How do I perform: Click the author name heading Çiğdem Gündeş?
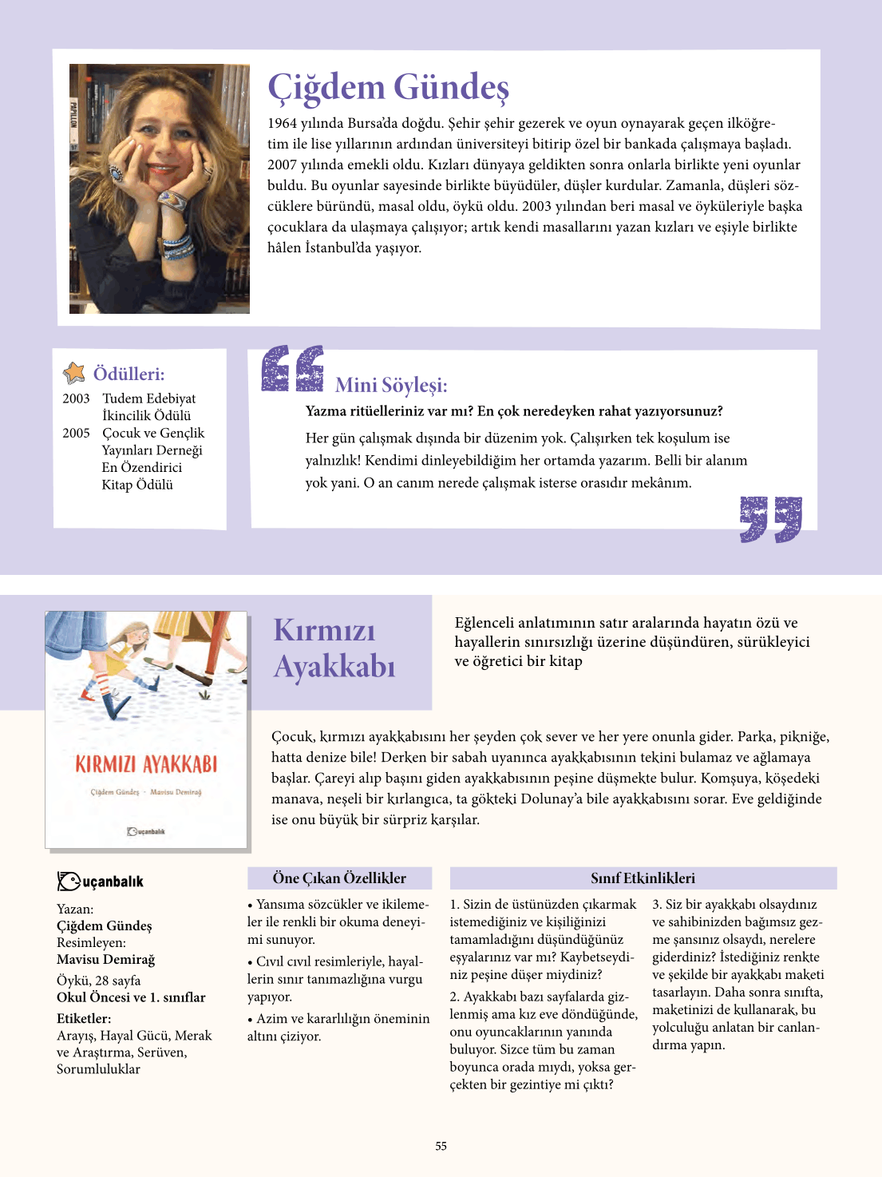pyautogui.click(x=388, y=87)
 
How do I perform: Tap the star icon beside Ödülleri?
pyautogui.click(x=74, y=373)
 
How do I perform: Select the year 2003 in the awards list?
pyautogui.click(x=76, y=398)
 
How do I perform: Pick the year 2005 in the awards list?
pyautogui.click(x=76, y=433)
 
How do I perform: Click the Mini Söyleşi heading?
pyautogui.click(x=391, y=386)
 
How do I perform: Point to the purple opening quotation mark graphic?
pyautogui.click(x=293, y=368)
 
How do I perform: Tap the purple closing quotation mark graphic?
pyautogui.click(x=770, y=519)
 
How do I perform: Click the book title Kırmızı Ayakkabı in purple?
pyautogui.click(x=334, y=648)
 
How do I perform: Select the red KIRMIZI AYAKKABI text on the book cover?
pyautogui.click(x=146, y=764)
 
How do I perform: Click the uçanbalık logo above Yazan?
pyautogui.click(x=101, y=881)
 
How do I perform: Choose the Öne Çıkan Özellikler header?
pyautogui.click(x=339, y=878)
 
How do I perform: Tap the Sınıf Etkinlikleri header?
pyautogui.click(x=643, y=878)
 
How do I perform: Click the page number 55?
pyautogui.click(x=441, y=1146)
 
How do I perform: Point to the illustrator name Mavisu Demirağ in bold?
pyautogui.click(x=105, y=960)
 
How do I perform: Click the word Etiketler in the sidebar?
pyautogui.click(x=83, y=1018)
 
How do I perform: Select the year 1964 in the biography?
pyautogui.click(x=282, y=123)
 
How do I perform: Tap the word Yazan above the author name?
pyautogui.click(x=74, y=909)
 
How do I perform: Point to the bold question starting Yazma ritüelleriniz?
pyautogui.click(x=514, y=411)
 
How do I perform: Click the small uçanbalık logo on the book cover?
pyautogui.click(x=146, y=832)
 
